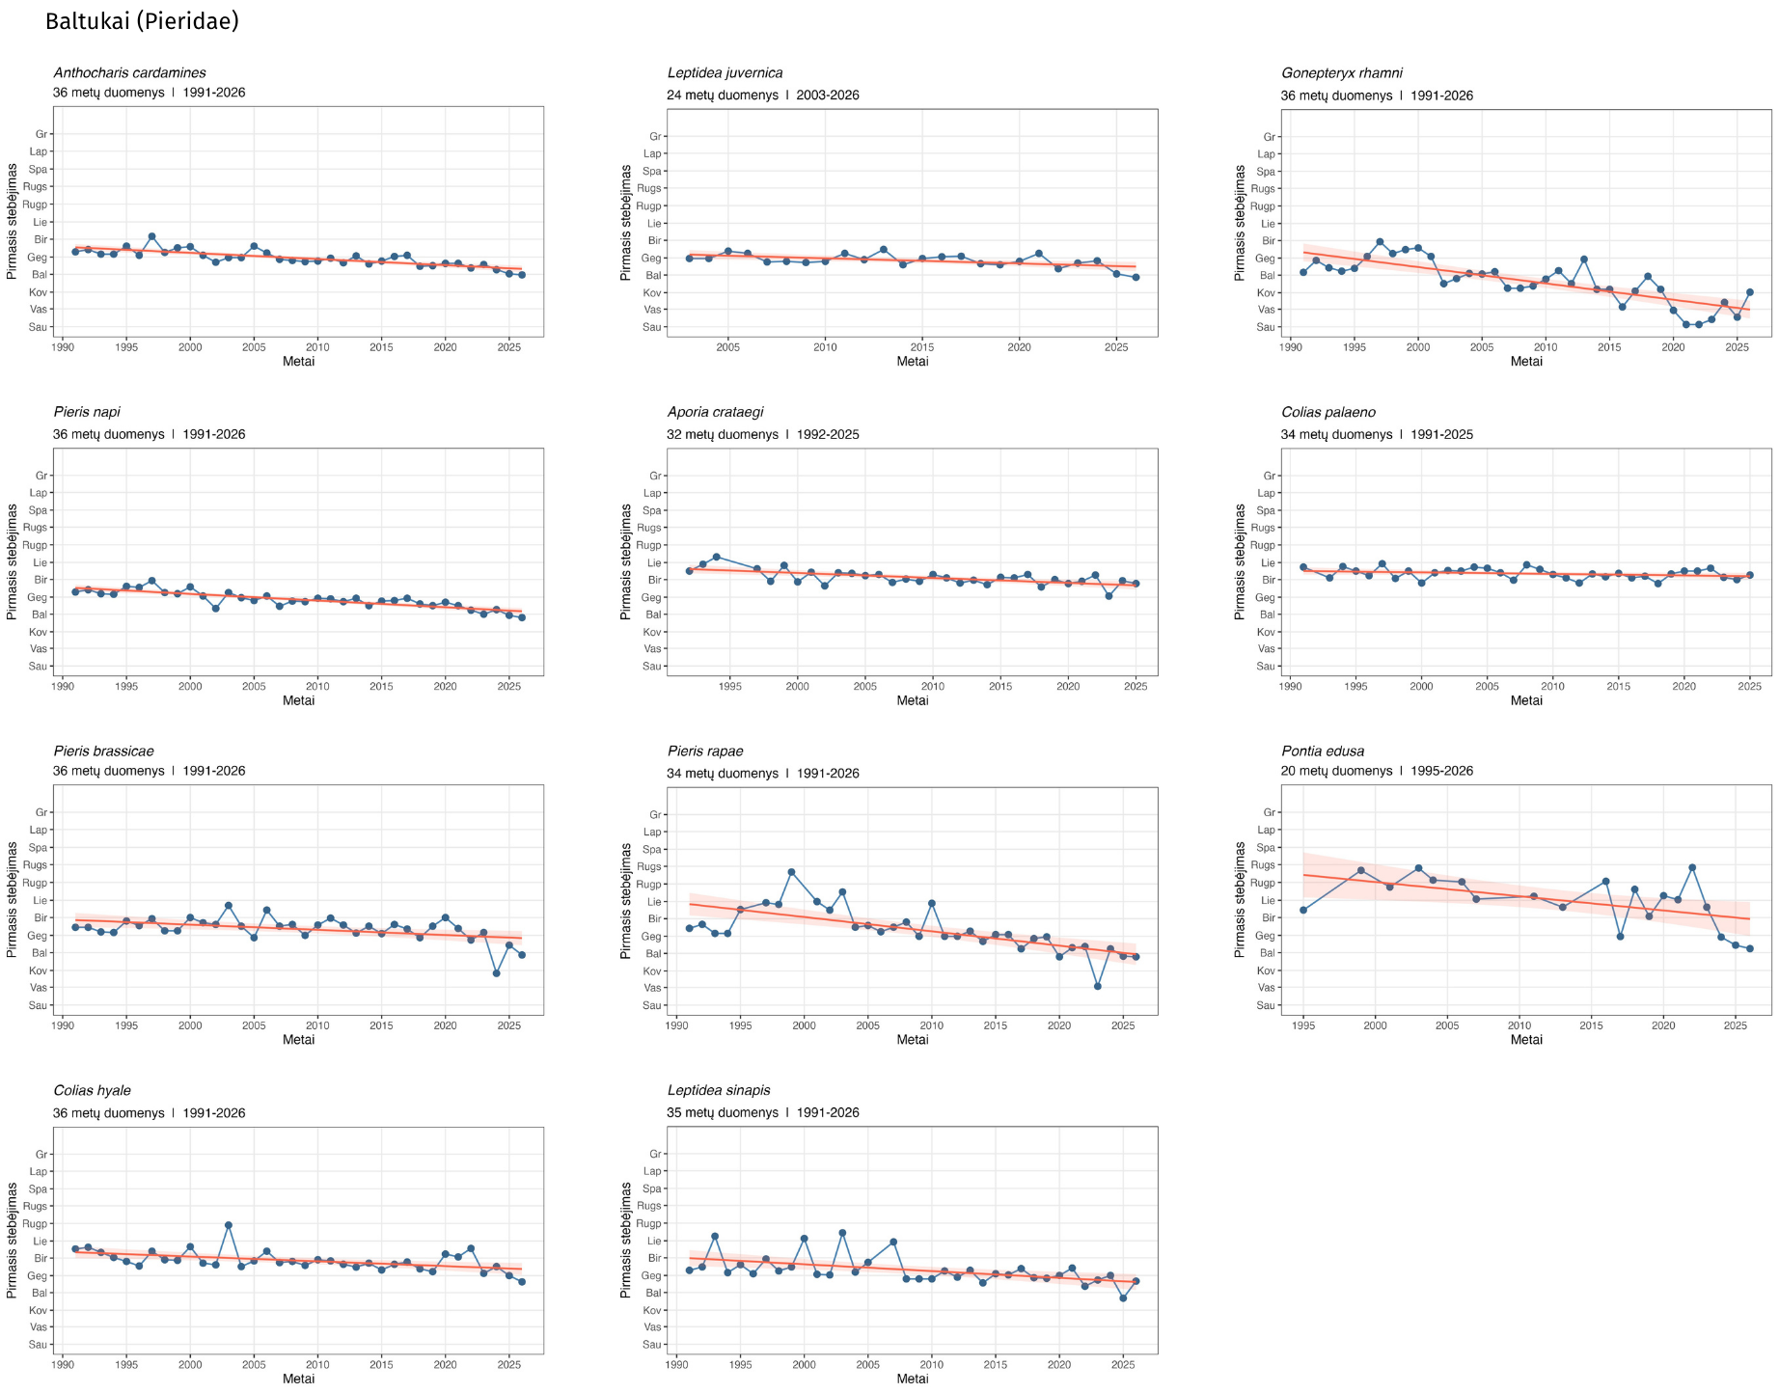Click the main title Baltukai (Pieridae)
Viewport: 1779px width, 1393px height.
(142, 20)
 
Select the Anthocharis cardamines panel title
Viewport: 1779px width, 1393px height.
(129, 72)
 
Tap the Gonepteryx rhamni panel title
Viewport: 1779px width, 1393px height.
(1341, 72)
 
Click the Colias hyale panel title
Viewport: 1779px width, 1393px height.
(92, 1090)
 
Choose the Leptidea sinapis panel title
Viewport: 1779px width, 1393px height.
(718, 1090)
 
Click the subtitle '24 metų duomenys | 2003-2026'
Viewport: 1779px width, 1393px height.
(762, 96)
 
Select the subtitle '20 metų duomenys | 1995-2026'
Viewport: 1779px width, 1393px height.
(1376, 771)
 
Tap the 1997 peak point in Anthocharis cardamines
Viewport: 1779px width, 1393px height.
(151, 236)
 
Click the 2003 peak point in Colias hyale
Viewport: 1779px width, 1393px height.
(228, 1225)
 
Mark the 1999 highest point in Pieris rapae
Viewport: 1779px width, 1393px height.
(791, 872)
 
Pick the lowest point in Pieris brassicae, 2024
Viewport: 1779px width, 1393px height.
(496, 973)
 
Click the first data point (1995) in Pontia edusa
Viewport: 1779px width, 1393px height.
(1303, 910)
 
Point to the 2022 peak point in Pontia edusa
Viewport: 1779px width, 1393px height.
(1692, 867)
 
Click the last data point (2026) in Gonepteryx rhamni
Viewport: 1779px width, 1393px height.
(1749, 292)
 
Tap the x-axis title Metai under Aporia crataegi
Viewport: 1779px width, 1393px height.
(912, 700)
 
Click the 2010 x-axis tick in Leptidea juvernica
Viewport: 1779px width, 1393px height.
(825, 347)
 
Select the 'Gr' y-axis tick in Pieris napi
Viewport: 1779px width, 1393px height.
(41, 476)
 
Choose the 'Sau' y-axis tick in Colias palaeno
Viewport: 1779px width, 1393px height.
(1267, 667)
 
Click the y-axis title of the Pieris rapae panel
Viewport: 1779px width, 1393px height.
(626, 900)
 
